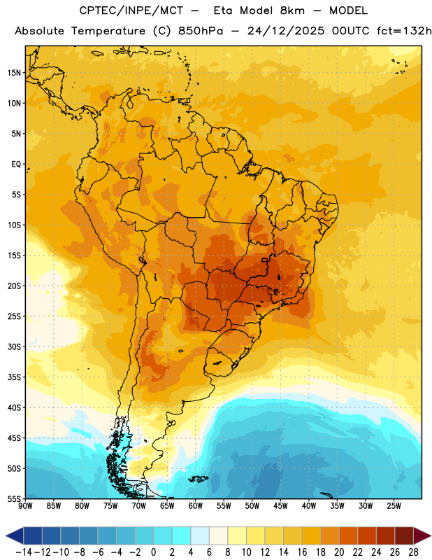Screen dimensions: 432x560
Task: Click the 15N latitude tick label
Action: tap(14, 73)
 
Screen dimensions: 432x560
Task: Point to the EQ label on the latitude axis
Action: tap(16, 164)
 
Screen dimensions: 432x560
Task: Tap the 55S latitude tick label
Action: tap(14, 498)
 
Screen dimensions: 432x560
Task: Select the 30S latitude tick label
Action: tap(14, 346)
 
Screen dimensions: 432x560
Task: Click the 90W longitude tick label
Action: tap(25, 506)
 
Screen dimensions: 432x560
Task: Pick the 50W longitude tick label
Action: tap(252, 506)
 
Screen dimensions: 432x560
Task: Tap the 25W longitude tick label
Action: tap(394, 506)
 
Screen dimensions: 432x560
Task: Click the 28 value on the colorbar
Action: tap(413, 552)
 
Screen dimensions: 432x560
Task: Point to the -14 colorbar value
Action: tap(24, 552)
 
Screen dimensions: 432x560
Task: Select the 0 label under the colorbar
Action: tap(154, 552)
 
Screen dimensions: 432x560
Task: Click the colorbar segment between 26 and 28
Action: tap(404, 535)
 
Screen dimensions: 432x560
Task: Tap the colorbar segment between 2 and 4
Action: tap(182, 535)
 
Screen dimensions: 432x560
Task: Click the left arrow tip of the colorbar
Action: tap(6, 535)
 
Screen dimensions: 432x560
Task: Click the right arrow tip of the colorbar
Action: tap(431, 535)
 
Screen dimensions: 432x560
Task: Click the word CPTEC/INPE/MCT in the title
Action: tap(131, 10)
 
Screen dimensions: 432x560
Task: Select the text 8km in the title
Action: tap(292, 10)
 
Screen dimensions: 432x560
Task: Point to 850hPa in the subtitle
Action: tap(201, 31)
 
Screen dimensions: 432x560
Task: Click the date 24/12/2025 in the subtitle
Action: tap(286, 31)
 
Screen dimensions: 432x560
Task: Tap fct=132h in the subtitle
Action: tap(404, 31)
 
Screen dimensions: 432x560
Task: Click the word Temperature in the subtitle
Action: tap(108, 31)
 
